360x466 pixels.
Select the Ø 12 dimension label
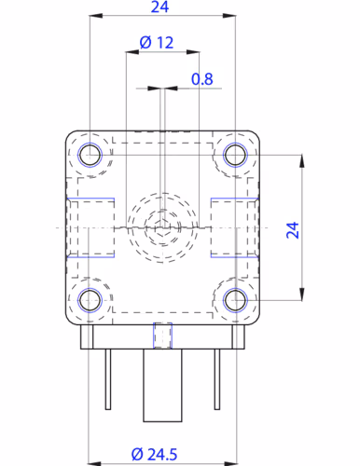[156, 43]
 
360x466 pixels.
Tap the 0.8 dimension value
[202, 79]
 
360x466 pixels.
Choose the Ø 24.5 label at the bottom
[156, 453]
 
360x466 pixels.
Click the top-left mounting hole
[90, 155]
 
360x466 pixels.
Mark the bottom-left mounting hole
[90, 299]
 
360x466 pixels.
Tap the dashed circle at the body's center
[162, 226]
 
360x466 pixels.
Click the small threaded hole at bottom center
[162, 334]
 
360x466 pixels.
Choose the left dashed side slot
[89, 227]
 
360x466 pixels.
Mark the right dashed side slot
[235, 227]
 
